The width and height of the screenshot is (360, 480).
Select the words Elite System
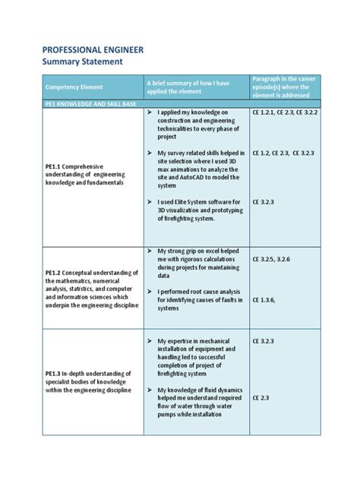click(194, 201)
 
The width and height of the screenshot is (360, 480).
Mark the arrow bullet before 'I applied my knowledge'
click(150, 113)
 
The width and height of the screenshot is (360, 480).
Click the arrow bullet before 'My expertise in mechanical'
click(150, 340)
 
